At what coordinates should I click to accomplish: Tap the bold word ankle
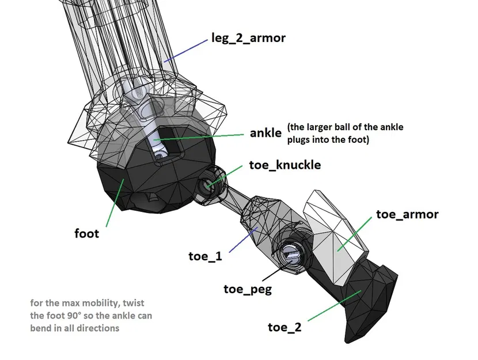point(265,132)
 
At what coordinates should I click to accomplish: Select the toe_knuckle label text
point(284,165)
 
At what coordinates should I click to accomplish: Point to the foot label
point(87,233)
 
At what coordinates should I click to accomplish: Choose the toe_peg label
point(248,289)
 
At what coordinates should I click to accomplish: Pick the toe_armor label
point(407,214)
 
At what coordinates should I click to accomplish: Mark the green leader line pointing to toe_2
point(334,305)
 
